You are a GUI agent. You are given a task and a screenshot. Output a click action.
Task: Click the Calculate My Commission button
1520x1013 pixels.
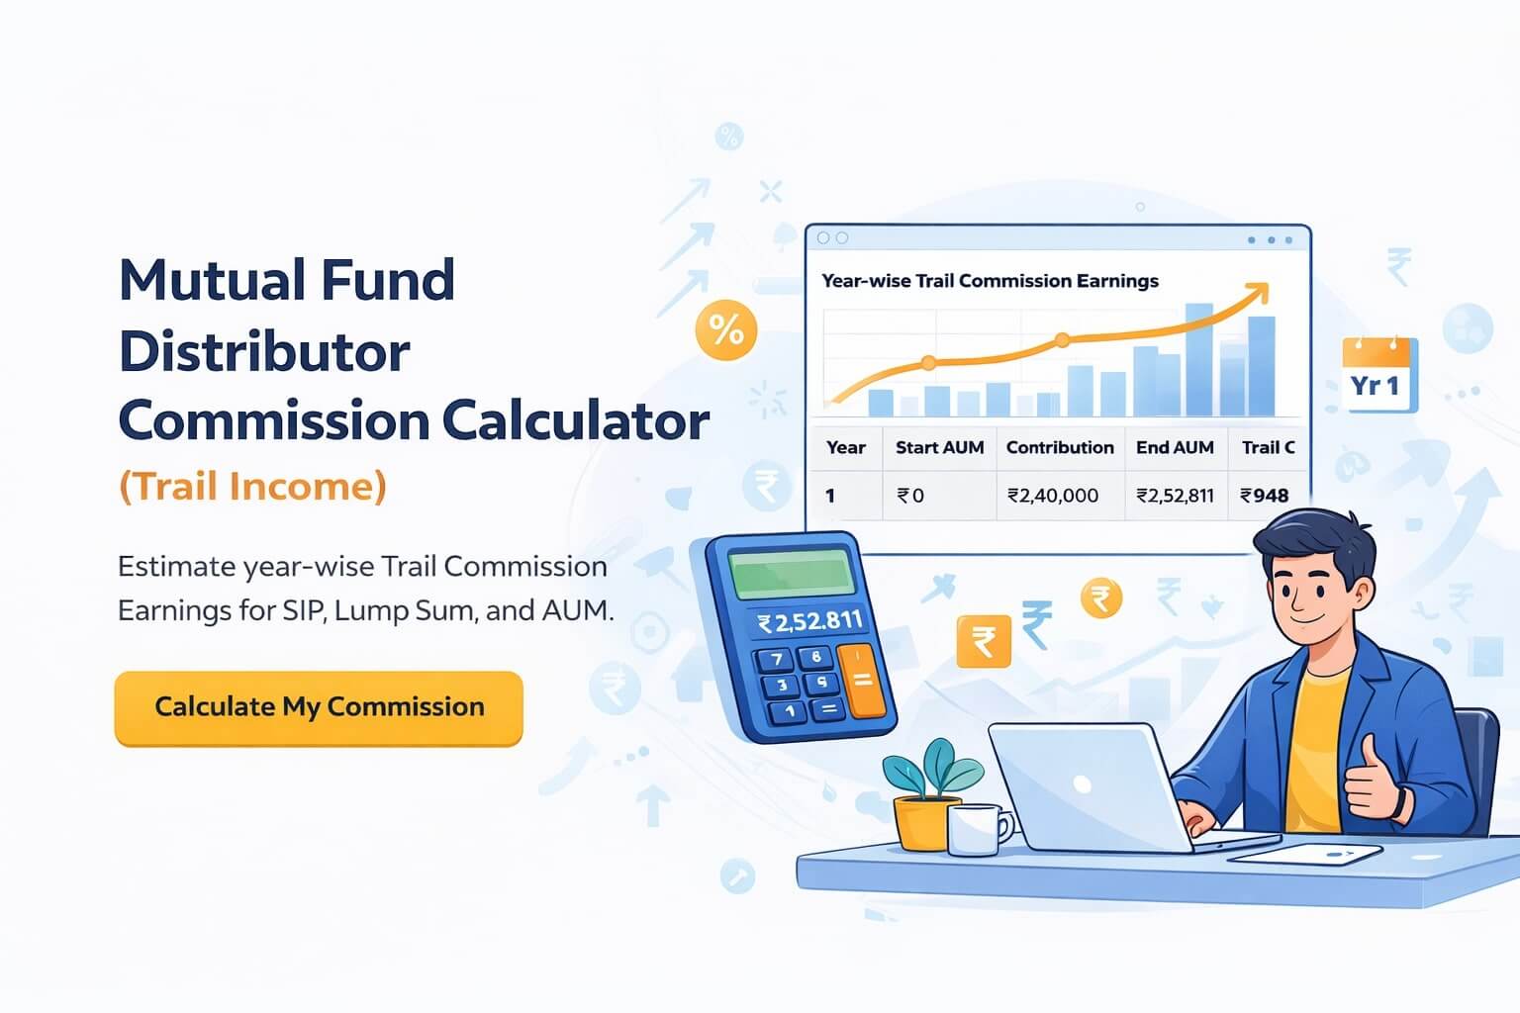click(319, 707)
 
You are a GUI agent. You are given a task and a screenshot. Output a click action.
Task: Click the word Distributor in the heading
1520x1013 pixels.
click(264, 352)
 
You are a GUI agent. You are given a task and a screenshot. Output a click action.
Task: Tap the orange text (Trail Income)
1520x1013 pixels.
click(252, 487)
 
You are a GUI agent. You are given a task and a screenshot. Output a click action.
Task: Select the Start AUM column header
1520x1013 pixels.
click(939, 447)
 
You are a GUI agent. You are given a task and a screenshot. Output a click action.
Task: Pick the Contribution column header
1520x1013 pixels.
click(1060, 447)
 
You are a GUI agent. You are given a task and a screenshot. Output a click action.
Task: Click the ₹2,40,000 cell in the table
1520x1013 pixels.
click(1053, 496)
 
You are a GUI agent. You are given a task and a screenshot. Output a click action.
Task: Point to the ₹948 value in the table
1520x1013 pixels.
click(1265, 496)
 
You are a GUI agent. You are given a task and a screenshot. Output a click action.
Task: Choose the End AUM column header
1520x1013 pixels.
click(1175, 447)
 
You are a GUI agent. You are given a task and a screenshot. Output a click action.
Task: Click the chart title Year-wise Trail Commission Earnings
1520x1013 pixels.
click(990, 281)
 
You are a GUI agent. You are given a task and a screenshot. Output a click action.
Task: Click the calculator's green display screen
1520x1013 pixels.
click(792, 572)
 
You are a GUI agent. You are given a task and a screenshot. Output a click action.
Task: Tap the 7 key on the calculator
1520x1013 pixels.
click(777, 660)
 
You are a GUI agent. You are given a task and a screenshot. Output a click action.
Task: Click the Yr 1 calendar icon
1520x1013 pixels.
click(1379, 376)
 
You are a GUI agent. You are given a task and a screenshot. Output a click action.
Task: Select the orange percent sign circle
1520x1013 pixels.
click(726, 330)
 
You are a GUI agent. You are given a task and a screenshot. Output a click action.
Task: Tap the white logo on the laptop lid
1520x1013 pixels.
click(1083, 785)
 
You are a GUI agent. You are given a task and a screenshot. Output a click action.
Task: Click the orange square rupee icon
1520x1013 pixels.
click(984, 642)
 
